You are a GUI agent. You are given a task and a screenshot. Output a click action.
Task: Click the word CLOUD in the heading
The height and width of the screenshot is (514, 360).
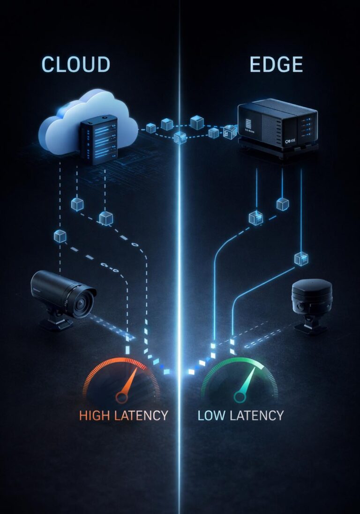tap(75, 64)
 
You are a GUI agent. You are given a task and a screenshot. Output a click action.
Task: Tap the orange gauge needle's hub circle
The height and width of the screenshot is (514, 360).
tap(122, 398)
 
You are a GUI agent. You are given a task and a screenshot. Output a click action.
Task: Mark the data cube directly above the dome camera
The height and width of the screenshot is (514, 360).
tap(300, 258)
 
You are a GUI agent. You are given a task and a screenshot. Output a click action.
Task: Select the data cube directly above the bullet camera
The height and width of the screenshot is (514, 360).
tap(60, 236)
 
